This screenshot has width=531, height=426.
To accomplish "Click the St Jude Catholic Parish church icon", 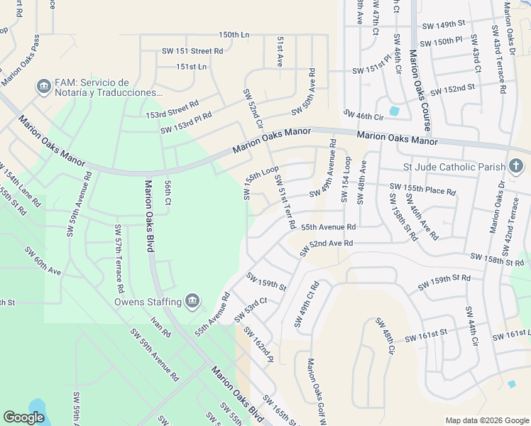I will [516, 167].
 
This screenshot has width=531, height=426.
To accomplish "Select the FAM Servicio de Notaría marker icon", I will [43, 87].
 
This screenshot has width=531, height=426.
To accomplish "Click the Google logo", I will [23, 417].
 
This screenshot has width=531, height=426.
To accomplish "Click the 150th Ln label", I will [234, 34].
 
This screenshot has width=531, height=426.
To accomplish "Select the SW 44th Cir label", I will [472, 327].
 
